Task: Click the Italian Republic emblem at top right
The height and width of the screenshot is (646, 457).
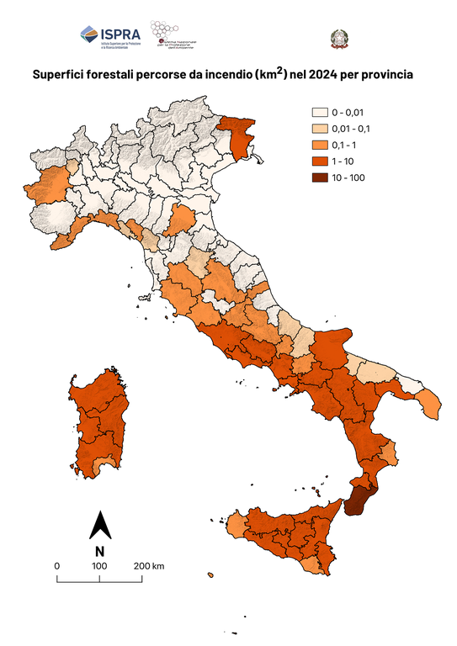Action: (x=337, y=38)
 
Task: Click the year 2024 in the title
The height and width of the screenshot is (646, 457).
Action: (x=323, y=75)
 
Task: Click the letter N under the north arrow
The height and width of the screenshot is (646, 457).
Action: (x=99, y=552)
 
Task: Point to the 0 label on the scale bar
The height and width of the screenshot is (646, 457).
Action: (x=56, y=565)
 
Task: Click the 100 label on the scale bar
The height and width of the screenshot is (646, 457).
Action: (x=98, y=565)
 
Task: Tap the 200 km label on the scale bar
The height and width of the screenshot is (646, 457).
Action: (x=148, y=565)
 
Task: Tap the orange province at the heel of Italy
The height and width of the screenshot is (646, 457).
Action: (x=428, y=404)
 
